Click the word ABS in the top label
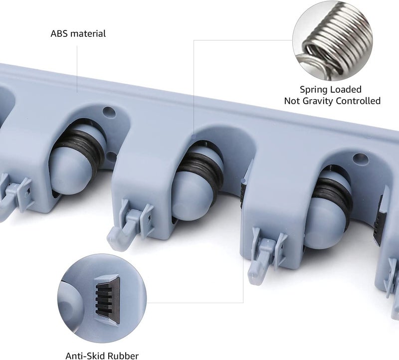coord(59,33)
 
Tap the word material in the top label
coord(88,33)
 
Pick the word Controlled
coord(358,101)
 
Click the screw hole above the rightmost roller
coord(360,159)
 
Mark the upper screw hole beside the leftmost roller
coord(109,111)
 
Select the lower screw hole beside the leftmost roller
coord(111,157)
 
